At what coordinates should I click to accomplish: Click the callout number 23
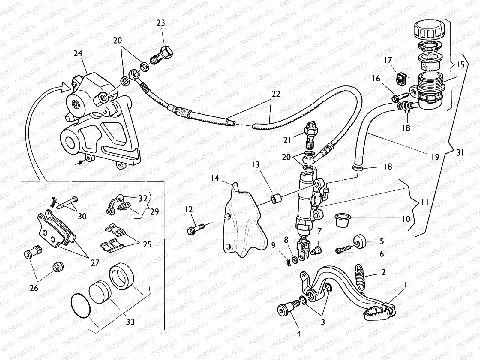161,23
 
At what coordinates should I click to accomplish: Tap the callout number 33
130,322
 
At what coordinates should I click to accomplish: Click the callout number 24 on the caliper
78,54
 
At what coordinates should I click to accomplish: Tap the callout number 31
460,153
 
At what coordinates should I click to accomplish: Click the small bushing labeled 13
276,199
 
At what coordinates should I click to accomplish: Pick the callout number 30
82,216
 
